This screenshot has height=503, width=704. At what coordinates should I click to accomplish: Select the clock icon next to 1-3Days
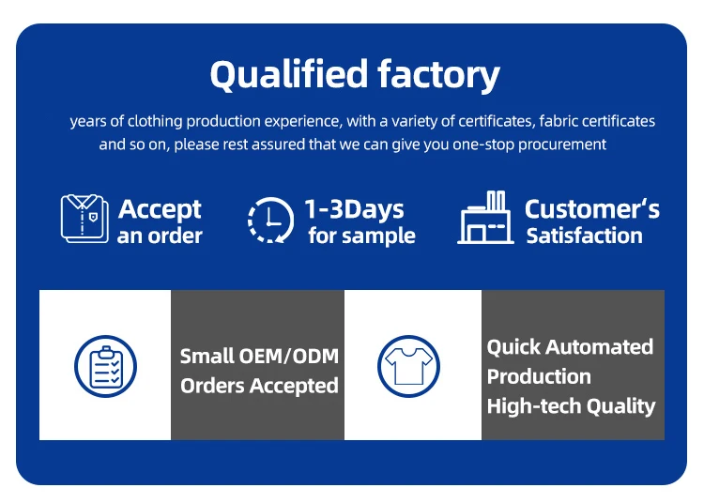(270, 221)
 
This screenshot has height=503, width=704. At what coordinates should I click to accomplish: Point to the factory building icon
(486, 219)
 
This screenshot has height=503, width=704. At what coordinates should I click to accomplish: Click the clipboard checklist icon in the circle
(105, 365)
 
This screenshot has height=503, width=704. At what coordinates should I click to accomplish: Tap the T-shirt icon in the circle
(408, 365)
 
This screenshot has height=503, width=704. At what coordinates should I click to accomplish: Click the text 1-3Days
(354, 209)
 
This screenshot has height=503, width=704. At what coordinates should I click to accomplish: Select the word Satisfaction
(584, 236)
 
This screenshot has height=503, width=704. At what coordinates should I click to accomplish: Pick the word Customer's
(591, 209)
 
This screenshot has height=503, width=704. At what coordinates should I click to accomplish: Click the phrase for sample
(361, 236)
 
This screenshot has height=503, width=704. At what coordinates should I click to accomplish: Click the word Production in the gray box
(539, 376)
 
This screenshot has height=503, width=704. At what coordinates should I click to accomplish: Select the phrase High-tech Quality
(571, 406)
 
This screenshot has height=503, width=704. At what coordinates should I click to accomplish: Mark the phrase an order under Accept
(160, 236)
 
